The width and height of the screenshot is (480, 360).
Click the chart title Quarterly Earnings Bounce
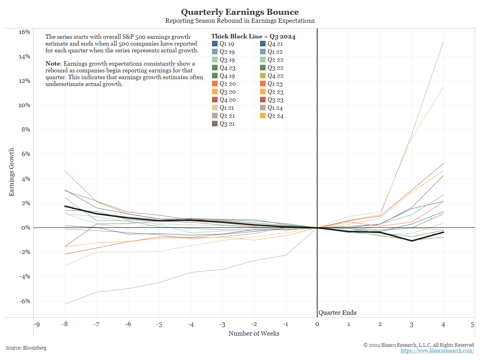(x=240, y=12)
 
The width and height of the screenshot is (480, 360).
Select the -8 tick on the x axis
(x=65, y=324)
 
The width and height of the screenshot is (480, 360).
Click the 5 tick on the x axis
(x=472, y=324)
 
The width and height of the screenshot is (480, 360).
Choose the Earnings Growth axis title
(x=12, y=172)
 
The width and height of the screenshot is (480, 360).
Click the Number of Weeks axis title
(x=254, y=333)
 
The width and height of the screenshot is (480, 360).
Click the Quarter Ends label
(x=337, y=313)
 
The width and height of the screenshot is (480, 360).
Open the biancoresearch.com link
(x=437, y=351)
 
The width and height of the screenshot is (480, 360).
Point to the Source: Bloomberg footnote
(x=26, y=348)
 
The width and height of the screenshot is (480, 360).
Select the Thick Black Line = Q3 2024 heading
(x=253, y=36)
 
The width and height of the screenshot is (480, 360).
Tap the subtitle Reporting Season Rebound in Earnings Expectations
(x=240, y=20)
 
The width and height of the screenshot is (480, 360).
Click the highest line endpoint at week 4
(x=443, y=42)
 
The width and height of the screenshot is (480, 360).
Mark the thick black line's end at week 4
(x=443, y=232)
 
